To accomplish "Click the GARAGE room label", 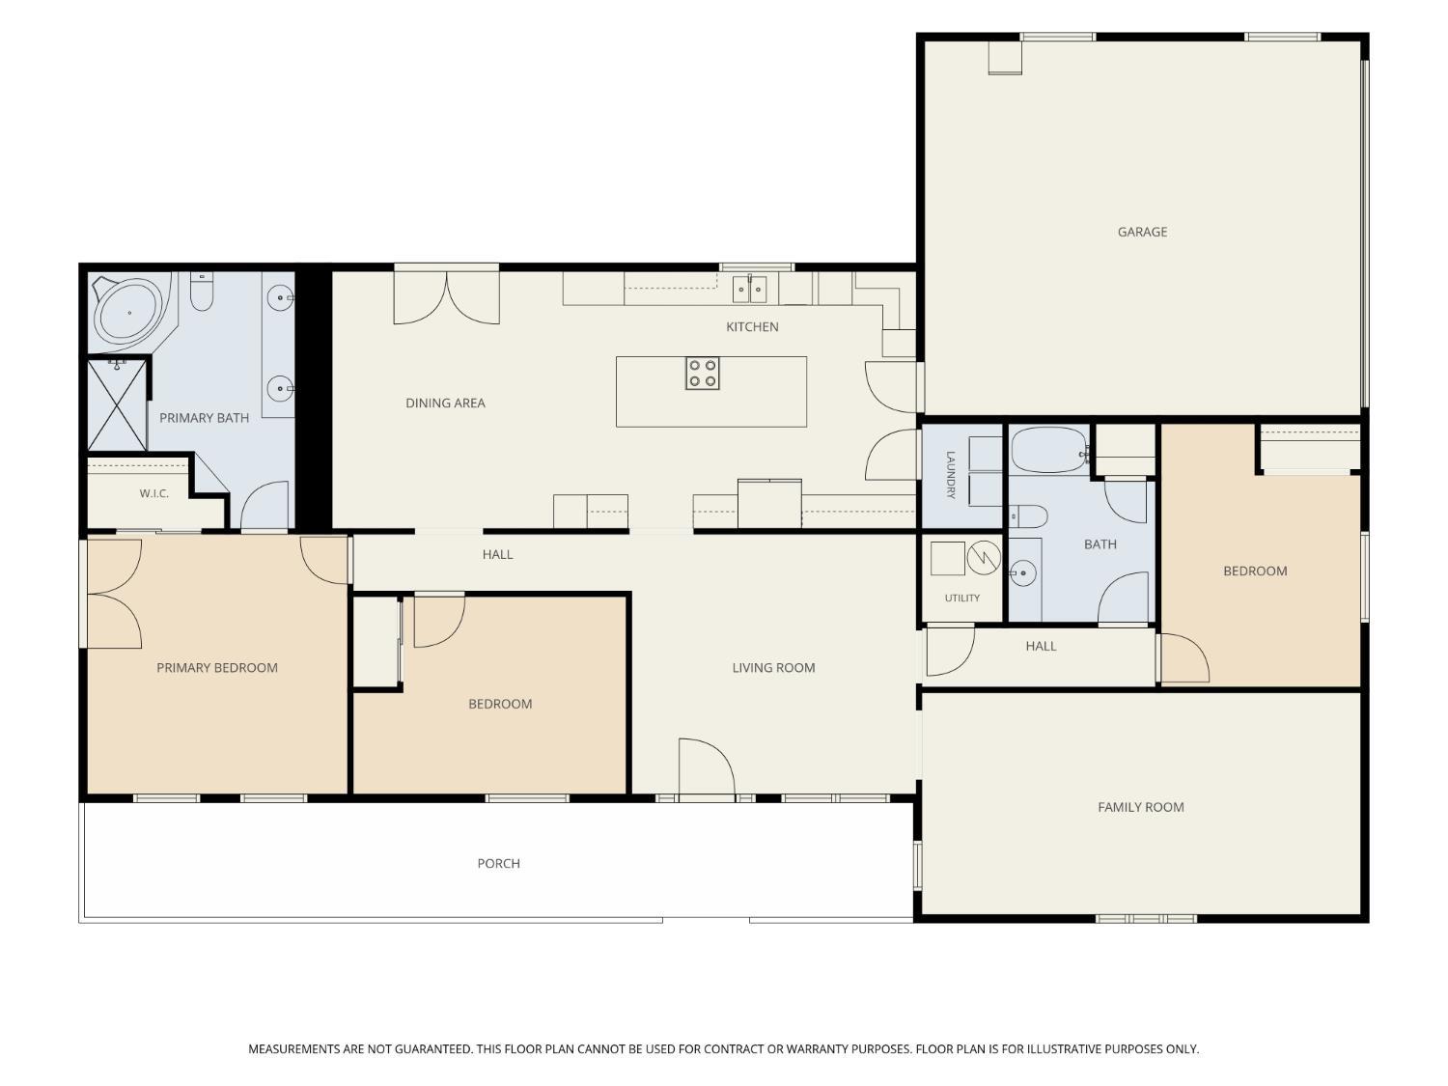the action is coord(1142,232).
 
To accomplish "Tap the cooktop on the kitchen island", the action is coord(702,374).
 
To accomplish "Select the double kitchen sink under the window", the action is coord(749,290).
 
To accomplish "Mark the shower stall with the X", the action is coord(117,405).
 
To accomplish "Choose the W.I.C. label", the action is coord(153,493).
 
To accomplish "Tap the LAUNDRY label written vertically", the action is coord(950,475).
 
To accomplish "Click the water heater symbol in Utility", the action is coord(983,558).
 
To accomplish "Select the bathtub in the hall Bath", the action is coord(1049,451).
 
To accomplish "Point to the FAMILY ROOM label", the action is coord(1141,807).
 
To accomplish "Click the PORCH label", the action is coord(499,863).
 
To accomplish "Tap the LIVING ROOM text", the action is coord(773,667).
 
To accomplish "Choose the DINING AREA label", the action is coord(445,403).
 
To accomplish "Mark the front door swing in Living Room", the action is coord(707,768).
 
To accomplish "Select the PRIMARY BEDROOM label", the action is coord(217,667).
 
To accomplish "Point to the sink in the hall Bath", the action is coord(1023,573).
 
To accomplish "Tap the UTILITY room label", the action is coord(961,599).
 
